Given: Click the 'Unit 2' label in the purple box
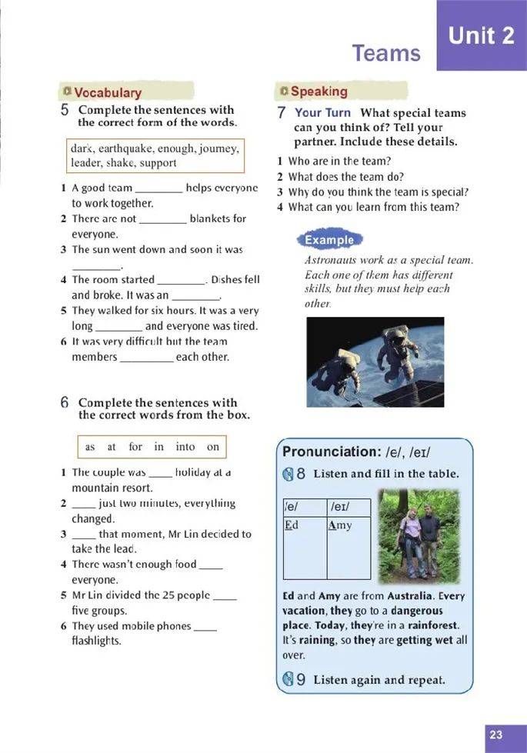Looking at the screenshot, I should (481, 35).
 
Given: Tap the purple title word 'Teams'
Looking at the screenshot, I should (386, 53).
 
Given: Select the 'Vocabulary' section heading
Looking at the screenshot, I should (108, 92).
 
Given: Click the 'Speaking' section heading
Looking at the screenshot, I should (319, 92).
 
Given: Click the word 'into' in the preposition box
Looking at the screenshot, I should (185, 447).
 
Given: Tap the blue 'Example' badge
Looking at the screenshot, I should (329, 240).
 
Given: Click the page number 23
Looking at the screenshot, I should (496, 735).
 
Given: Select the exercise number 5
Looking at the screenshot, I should (65, 110).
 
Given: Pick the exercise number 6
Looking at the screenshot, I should (65, 402).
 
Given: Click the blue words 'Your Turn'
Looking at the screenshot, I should (322, 112).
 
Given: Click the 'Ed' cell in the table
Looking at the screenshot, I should (291, 525).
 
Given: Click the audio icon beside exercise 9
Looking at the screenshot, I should (288, 679).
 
